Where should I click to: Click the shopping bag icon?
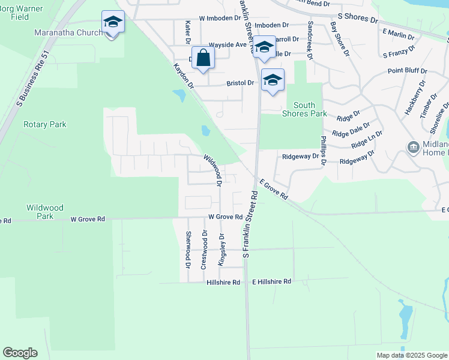[203, 58]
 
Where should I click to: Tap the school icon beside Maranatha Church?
[112, 23]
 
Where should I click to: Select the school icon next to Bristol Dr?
[273, 80]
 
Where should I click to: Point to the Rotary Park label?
[44, 125]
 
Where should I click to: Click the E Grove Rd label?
[274, 189]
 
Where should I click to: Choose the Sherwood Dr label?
[188, 249]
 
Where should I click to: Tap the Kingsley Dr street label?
[221, 251]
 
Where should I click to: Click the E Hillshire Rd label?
[271, 281]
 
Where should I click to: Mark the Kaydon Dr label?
[184, 77]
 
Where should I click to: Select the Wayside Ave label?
[228, 45]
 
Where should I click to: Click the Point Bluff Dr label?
[407, 71]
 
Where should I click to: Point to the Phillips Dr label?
[323, 150]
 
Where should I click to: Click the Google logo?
[20, 353]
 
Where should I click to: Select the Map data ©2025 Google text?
[411, 355]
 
